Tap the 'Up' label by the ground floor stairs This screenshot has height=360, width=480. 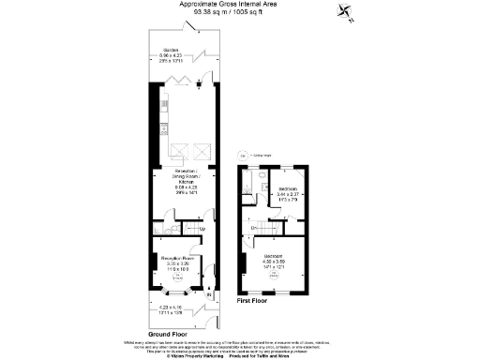point(202,228)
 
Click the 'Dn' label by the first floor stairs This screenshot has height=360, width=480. point(254,229)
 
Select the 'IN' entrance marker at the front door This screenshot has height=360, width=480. point(209,297)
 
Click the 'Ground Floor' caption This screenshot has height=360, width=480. point(169,333)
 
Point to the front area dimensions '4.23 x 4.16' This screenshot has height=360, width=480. point(169,308)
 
